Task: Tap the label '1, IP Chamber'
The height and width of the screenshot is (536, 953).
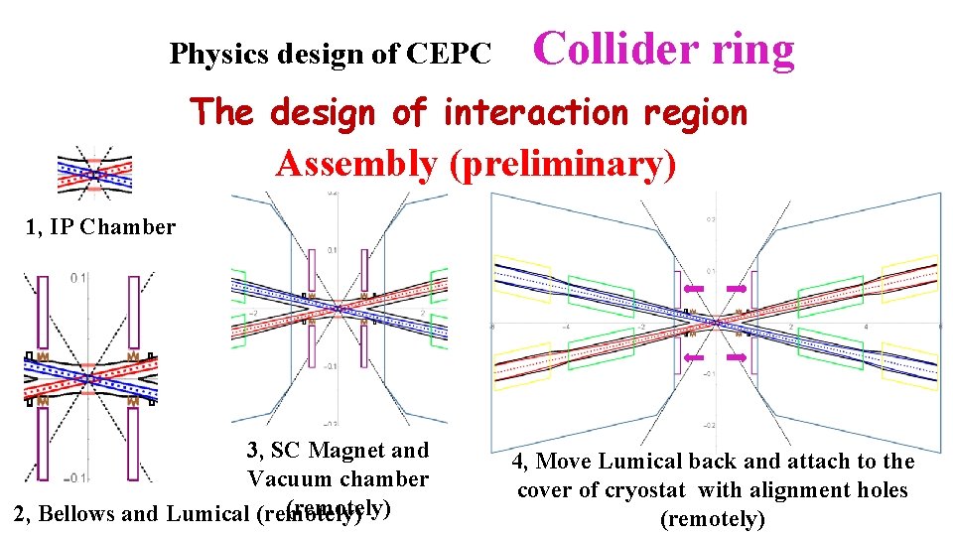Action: click(x=100, y=226)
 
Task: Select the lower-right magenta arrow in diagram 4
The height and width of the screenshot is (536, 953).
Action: click(x=736, y=356)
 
